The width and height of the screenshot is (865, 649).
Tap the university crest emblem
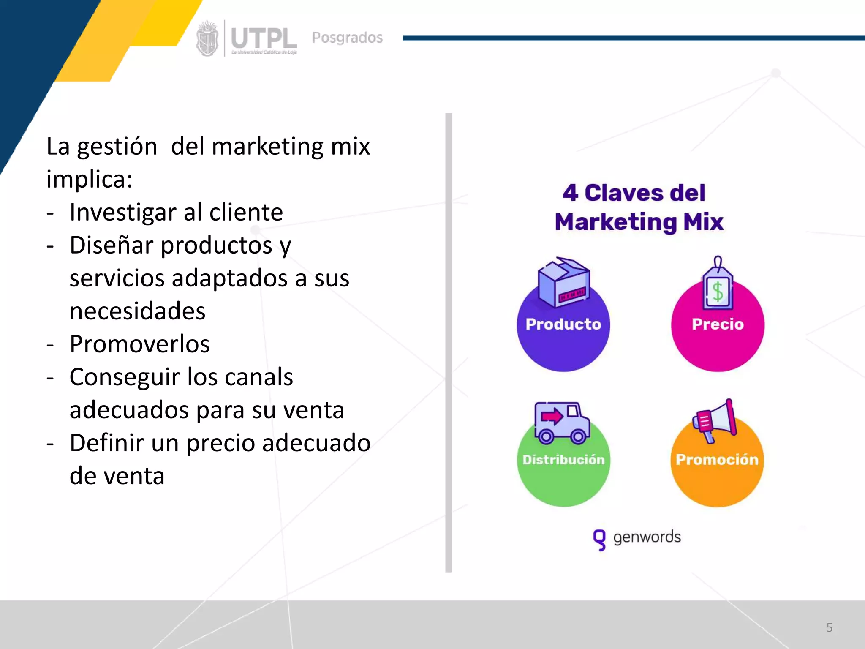[207, 39]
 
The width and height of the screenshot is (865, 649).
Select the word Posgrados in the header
[347, 38]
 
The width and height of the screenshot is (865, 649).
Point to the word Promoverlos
[139, 344]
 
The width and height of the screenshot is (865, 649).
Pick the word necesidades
[137, 311]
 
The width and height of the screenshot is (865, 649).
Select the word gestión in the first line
[117, 147]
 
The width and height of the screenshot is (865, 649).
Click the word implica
[87, 179]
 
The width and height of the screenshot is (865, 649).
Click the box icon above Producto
[563, 281]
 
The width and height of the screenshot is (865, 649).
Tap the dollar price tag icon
[718, 285]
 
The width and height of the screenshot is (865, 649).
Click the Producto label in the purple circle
[563, 324]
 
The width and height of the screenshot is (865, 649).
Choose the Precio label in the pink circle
[718, 324]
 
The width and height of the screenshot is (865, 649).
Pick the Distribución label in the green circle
[563, 460]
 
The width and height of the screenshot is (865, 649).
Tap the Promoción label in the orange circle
[717, 460]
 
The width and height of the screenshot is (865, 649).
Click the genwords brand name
[647, 537]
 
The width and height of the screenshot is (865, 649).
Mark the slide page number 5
[829, 627]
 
